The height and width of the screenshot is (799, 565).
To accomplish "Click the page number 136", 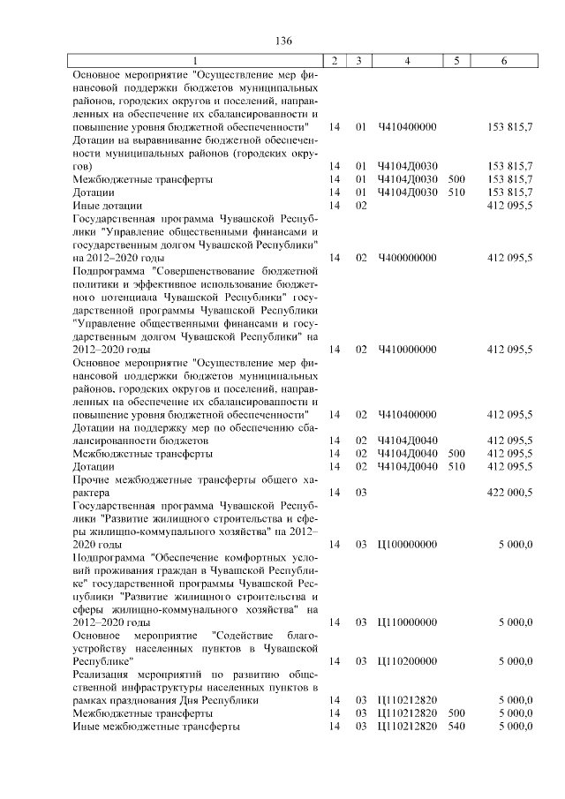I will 283,42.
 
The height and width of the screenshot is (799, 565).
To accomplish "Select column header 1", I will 195,61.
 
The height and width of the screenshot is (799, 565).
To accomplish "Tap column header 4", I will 407,61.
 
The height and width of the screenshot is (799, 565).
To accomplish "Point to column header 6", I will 503,61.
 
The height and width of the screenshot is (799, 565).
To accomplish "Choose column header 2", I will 335,61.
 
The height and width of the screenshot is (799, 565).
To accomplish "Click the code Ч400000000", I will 407,257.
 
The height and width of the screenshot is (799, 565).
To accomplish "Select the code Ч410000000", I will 407,349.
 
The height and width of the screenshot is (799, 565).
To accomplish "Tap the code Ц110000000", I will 407,622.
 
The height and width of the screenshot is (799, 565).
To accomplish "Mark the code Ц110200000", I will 407,660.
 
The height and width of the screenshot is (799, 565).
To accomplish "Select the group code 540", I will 456,727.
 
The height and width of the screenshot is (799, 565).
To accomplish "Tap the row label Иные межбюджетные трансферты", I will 155,727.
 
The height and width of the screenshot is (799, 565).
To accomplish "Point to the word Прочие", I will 91,479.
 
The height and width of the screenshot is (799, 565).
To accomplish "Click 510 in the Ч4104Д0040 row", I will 456,466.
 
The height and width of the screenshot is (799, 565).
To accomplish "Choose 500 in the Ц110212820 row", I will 456,713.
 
